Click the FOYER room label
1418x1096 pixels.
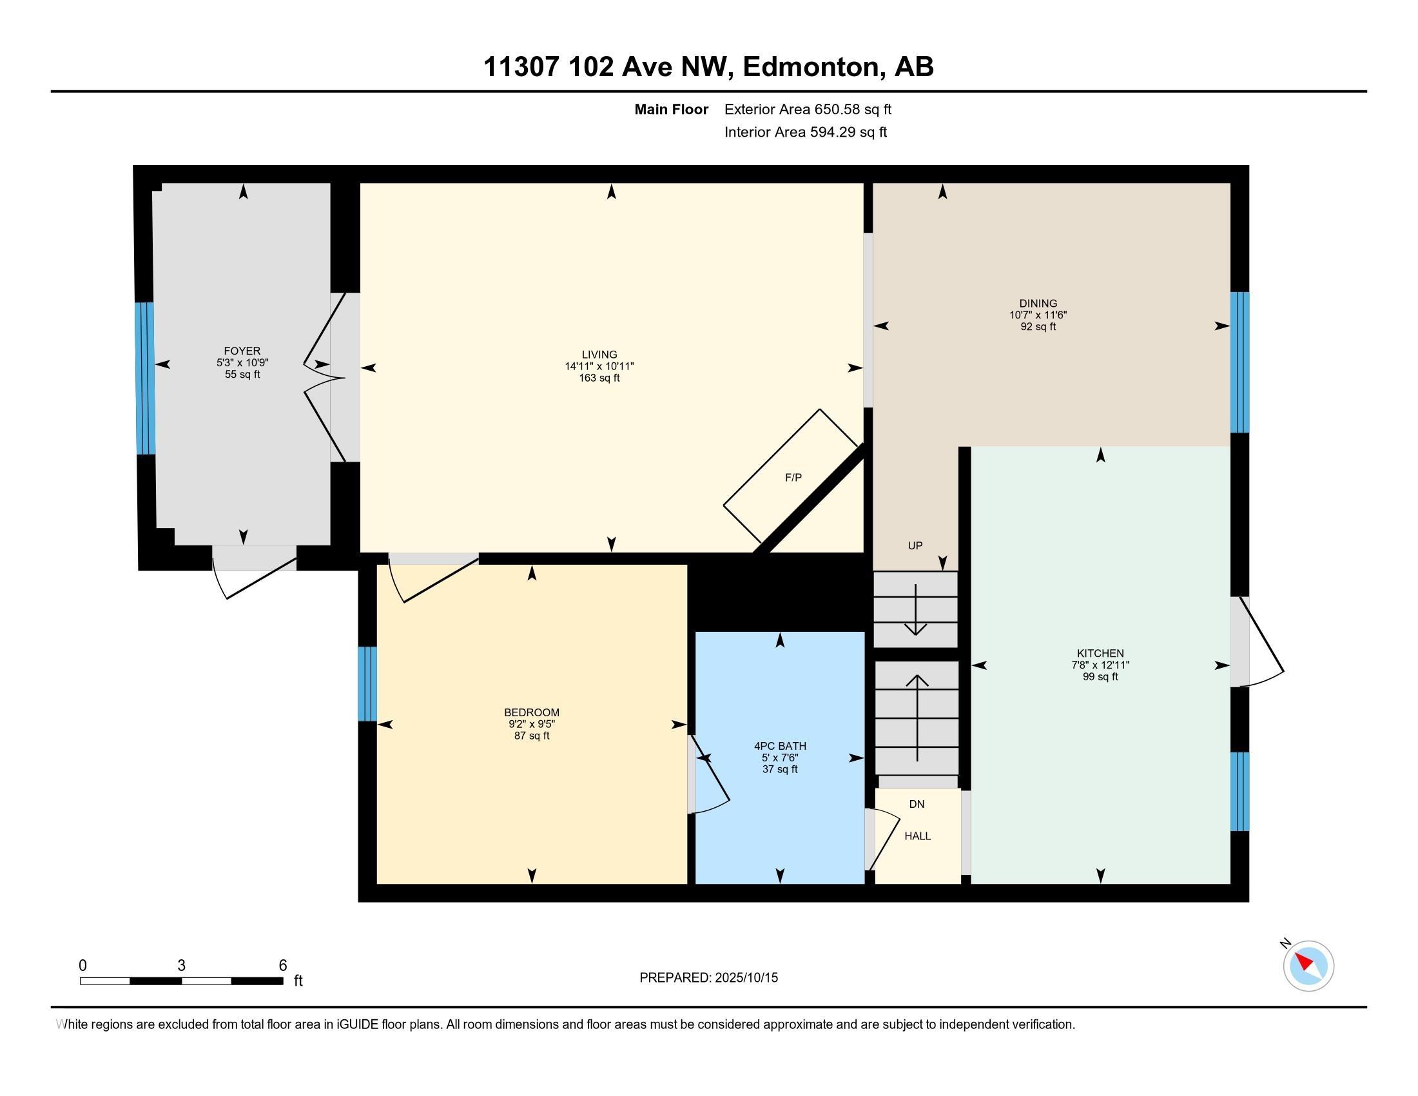click(242, 351)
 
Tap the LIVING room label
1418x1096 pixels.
click(599, 355)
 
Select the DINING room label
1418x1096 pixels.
click(1038, 303)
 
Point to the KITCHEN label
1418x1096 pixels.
click(1100, 653)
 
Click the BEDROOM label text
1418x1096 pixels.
click(532, 712)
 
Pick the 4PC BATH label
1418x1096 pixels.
click(780, 746)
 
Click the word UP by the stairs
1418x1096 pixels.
click(915, 545)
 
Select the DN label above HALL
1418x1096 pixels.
click(917, 804)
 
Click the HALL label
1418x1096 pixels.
click(917, 836)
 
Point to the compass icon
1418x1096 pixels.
click(1308, 966)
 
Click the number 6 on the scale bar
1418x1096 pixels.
click(282, 966)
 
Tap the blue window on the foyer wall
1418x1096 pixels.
click(145, 378)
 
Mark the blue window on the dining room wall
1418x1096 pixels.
click(1239, 362)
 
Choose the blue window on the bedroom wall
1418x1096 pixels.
click(367, 683)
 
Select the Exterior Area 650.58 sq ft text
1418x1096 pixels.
click(808, 109)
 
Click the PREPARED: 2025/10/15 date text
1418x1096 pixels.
click(708, 977)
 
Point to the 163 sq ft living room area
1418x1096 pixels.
click(599, 378)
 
